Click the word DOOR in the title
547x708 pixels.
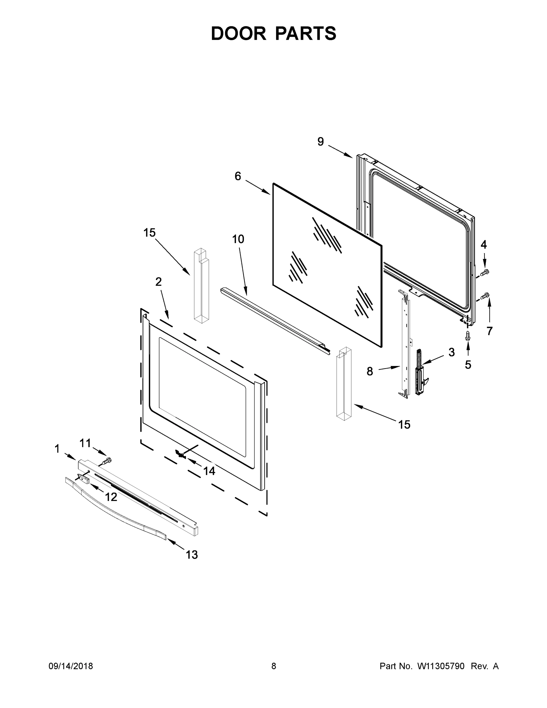point(238,33)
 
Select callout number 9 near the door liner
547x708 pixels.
point(320,142)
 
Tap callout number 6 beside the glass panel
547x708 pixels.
point(238,176)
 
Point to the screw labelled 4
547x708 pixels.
point(484,273)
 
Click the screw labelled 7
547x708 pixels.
point(485,296)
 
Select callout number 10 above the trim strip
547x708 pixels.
point(238,239)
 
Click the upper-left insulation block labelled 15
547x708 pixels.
point(201,285)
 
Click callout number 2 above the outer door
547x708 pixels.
point(158,282)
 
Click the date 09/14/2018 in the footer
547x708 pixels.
point(71,666)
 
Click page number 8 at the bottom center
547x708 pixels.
point(274,666)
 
